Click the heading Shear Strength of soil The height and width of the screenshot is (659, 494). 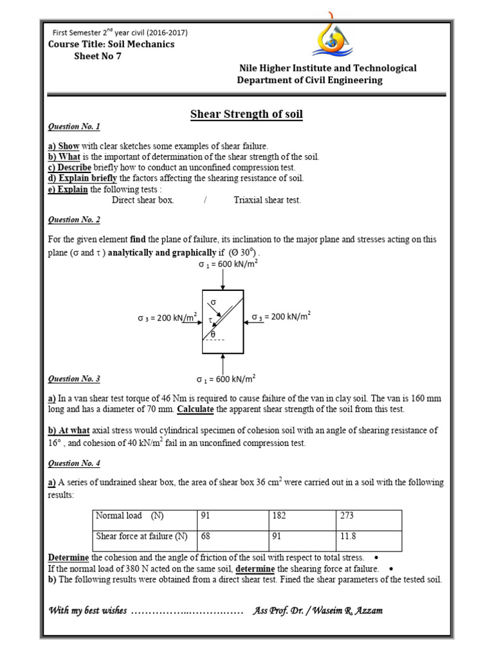tap(246, 115)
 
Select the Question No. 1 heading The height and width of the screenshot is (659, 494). tap(75, 127)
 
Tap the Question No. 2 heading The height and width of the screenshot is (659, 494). tap(75, 220)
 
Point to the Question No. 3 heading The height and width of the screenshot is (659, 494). tap(75, 379)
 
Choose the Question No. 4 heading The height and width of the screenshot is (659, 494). tap(75, 463)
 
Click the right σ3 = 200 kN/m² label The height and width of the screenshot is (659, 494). tap(281, 317)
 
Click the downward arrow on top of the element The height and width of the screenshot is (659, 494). tap(223, 281)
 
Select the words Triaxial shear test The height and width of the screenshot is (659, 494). tap(267, 200)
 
